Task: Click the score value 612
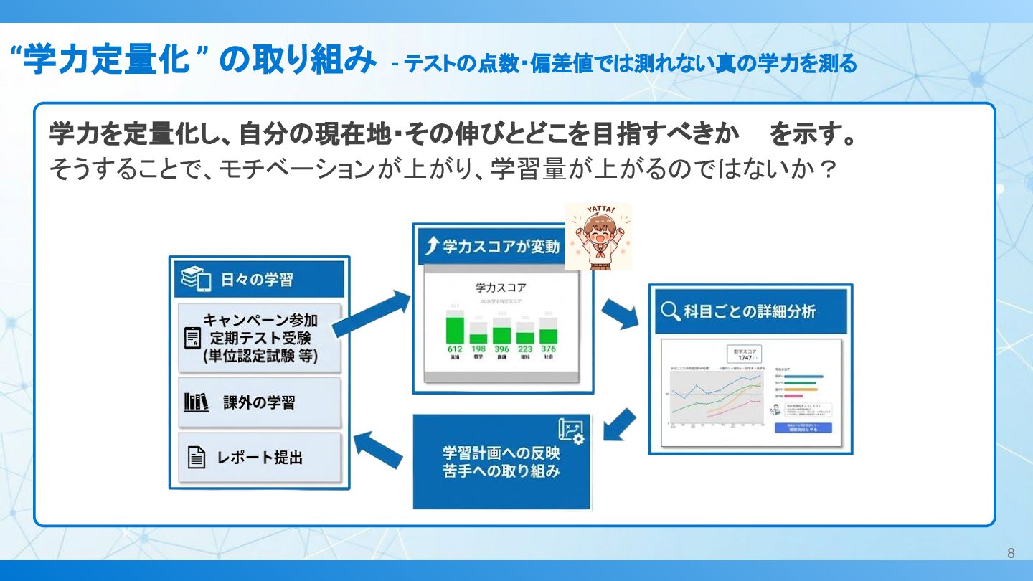coord(454,349)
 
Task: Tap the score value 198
coord(478,349)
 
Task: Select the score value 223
coord(525,349)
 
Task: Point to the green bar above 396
coord(501,336)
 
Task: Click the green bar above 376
coord(548,336)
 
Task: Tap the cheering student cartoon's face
coord(598,231)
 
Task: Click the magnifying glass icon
coord(670,312)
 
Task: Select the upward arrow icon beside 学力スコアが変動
coord(430,247)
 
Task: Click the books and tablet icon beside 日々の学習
coord(196,279)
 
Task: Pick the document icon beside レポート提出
coord(196,457)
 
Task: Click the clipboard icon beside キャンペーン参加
coord(192,338)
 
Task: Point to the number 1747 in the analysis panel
coord(745,357)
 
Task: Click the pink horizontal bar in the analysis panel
coord(793,396)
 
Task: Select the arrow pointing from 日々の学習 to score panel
coord(371,313)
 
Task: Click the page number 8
coord(1011,553)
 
